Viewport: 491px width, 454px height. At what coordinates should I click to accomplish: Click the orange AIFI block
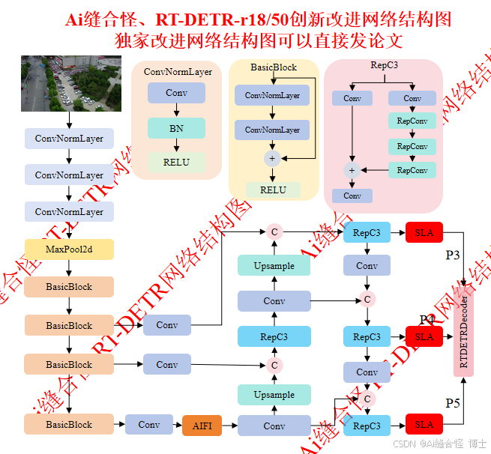tap(202, 426)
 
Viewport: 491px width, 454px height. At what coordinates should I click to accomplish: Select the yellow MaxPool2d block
tap(69, 249)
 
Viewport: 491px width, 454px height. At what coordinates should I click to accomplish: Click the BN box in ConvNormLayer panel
tap(176, 128)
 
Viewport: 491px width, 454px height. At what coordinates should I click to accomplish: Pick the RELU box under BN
tap(176, 162)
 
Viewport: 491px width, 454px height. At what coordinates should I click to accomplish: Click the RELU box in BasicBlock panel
tap(273, 190)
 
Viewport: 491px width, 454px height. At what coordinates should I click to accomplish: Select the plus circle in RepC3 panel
tap(352, 170)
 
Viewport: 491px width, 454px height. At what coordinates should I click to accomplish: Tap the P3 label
tap(453, 255)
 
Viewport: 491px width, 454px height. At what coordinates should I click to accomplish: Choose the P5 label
tap(453, 404)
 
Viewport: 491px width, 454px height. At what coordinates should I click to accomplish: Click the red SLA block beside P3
tap(424, 232)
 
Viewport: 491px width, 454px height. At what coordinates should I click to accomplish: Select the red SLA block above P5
tap(424, 425)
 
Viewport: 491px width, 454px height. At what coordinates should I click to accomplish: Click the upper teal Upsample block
tap(274, 265)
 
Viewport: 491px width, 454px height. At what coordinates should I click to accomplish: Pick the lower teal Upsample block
tap(274, 395)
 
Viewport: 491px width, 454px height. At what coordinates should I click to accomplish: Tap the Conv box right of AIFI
tap(274, 426)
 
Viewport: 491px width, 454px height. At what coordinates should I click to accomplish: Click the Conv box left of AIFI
tap(149, 425)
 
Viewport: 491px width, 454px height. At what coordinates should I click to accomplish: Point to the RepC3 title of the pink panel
tap(384, 66)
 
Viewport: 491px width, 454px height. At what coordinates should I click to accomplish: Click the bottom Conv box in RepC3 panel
tap(352, 196)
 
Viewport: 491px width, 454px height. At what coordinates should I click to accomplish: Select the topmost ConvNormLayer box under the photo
tap(69, 139)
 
